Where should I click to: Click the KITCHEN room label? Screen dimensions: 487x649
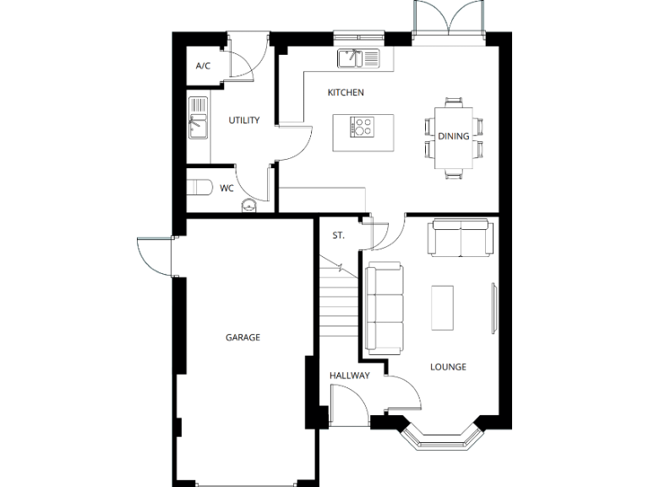[346, 92]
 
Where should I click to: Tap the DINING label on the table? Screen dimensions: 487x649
[453, 136]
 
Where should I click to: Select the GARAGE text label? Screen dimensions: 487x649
[243, 337]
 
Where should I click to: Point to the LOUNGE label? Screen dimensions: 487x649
[448, 367]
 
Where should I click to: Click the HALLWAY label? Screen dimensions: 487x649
[349, 375]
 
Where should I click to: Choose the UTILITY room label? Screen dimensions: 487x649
[244, 120]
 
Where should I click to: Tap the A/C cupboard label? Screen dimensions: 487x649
[203, 66]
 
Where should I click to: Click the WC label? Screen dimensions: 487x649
[226, 189]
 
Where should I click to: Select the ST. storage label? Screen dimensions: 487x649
[337, 235]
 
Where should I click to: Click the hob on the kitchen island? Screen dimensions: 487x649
[363, 128]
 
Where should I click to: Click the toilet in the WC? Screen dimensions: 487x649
[199, 188]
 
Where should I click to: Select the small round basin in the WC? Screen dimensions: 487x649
[248, 204]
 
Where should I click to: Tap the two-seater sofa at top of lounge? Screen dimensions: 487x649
[461, 238]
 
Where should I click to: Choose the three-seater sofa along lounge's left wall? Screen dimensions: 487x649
[384, 306]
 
